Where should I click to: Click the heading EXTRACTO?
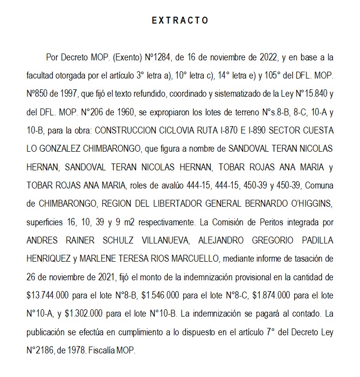click(180, 21)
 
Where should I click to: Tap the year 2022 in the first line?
click(266, 57)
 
